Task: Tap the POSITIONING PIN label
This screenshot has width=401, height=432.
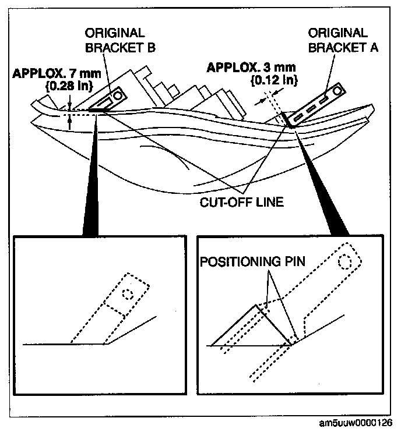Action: tap(253, 262)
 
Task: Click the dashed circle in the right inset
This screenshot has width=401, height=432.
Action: tap(345, 261)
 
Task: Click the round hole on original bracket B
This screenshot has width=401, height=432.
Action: tap(119, 93)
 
